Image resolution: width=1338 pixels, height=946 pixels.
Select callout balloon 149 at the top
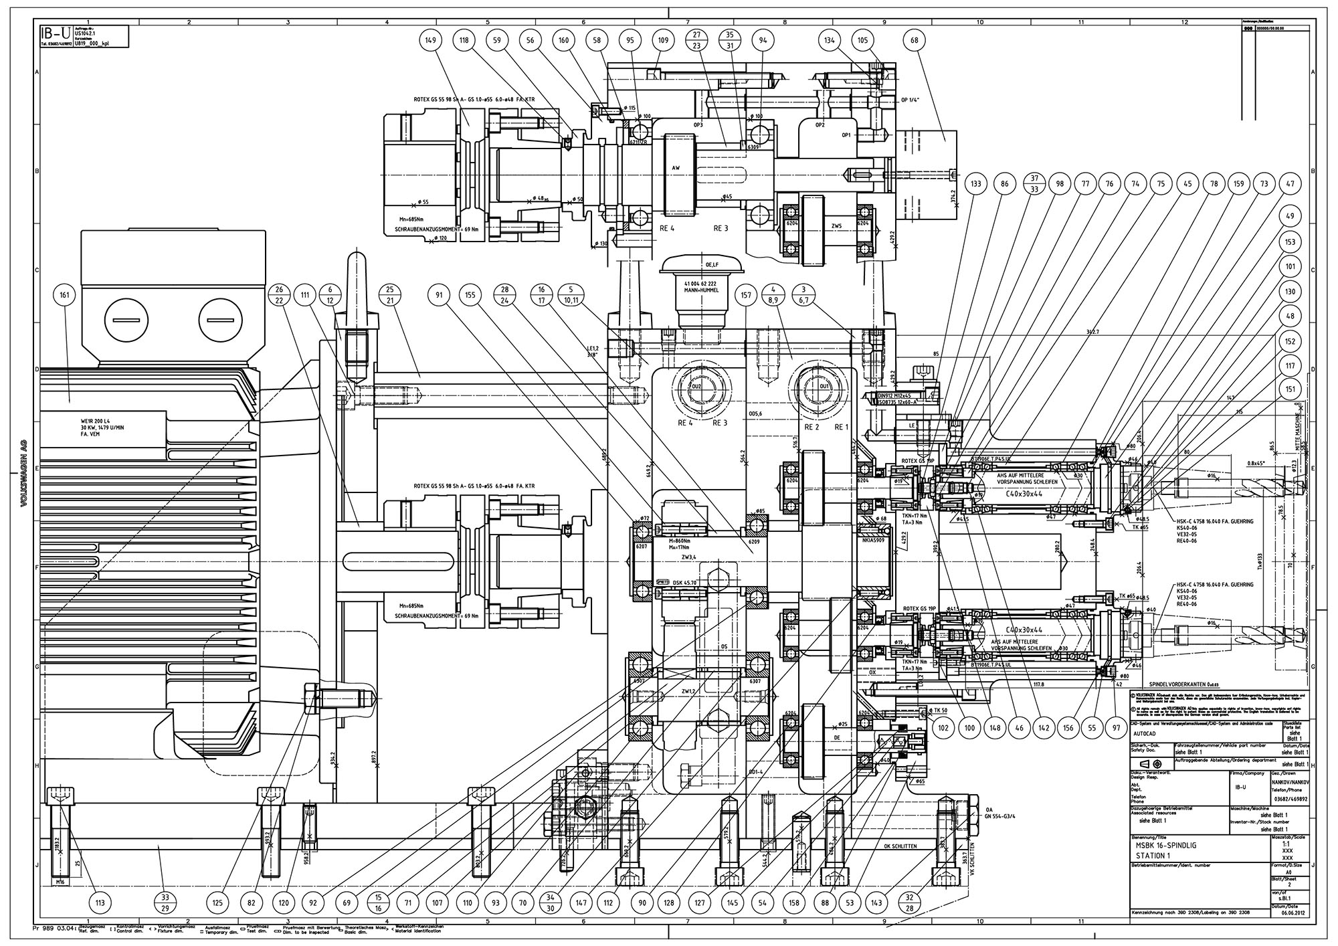pos(430,40)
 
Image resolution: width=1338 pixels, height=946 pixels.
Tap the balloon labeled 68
pos(914,40)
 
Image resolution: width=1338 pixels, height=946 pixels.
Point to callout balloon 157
pos(745,295)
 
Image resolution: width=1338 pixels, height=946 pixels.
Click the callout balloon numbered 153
pos(1291,242)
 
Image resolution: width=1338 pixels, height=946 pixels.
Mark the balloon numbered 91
pos(439,295)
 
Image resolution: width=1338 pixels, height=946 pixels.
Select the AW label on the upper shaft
pos(676,169)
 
